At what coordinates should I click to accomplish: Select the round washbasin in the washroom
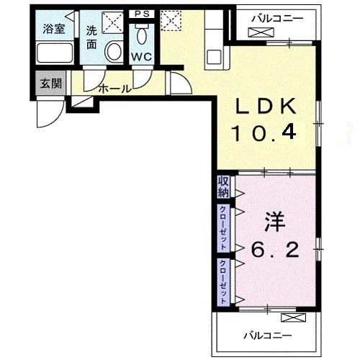(x=113, y=51)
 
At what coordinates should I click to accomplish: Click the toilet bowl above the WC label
(x=142, y=35)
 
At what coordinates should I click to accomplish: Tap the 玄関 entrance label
(x=50, y=83)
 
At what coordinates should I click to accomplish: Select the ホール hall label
(x=114, y=89)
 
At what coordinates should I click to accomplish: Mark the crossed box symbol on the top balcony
(x=257, y=32)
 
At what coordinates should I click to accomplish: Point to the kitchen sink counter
(x=213, y=43)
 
